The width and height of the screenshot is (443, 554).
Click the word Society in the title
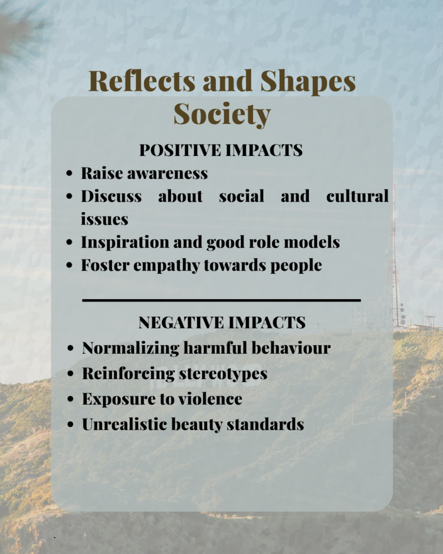pos(222,114)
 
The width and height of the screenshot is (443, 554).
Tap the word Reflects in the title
pos(142,81)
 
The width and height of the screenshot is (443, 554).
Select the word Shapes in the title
pos(308,82)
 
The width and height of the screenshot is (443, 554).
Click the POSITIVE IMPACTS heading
pos(221,150)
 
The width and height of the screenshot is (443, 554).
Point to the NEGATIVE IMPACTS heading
pos(222,322)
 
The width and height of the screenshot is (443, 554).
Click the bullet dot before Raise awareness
pos(69,174)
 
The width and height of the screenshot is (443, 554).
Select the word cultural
pos(357,196)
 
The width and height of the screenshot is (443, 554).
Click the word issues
pos(104,219)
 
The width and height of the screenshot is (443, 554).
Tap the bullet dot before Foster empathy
pos(69,265)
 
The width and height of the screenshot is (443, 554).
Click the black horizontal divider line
pos(222,300)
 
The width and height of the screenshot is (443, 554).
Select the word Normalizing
pos(131,348)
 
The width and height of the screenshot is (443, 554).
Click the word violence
pos(210,399)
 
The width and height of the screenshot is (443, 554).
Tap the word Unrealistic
pos(124,424)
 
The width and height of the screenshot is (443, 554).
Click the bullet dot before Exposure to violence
pos(71,399)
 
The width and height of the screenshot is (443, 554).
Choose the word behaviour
pos(291,348)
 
